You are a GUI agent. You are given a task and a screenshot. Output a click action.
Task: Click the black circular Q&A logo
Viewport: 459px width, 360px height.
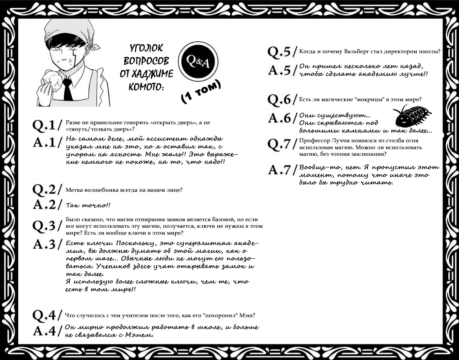pyautogui.click(x=198, y=62)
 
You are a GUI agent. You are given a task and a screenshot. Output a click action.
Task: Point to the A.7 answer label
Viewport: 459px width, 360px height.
pyautogui.click(x=280, y=170)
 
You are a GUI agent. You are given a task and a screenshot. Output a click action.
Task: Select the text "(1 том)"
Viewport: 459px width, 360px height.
pyautogui.click(x=201, y=92)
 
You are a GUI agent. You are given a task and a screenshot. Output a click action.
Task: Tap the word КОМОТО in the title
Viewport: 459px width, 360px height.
pyautogui.click(x=146, y=87)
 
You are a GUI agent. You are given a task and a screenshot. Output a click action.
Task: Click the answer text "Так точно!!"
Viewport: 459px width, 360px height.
pyautogui.click(x=88, y=205)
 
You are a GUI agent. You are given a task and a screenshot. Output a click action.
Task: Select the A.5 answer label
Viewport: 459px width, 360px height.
pyautogui.click(x=280, y=70)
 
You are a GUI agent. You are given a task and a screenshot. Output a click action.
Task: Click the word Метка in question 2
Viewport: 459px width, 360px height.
pyautogui.click(x=74, y=190)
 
